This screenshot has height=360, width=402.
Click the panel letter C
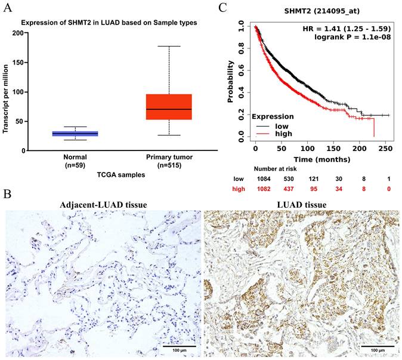click(x=223, y=8)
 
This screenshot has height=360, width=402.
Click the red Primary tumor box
click(x=169, y=107)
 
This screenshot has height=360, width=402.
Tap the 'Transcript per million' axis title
click(x=7, y=93)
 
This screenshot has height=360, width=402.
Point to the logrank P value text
click(x=355, y=38)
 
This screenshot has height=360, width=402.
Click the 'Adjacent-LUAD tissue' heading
click(x=103, y=205)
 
